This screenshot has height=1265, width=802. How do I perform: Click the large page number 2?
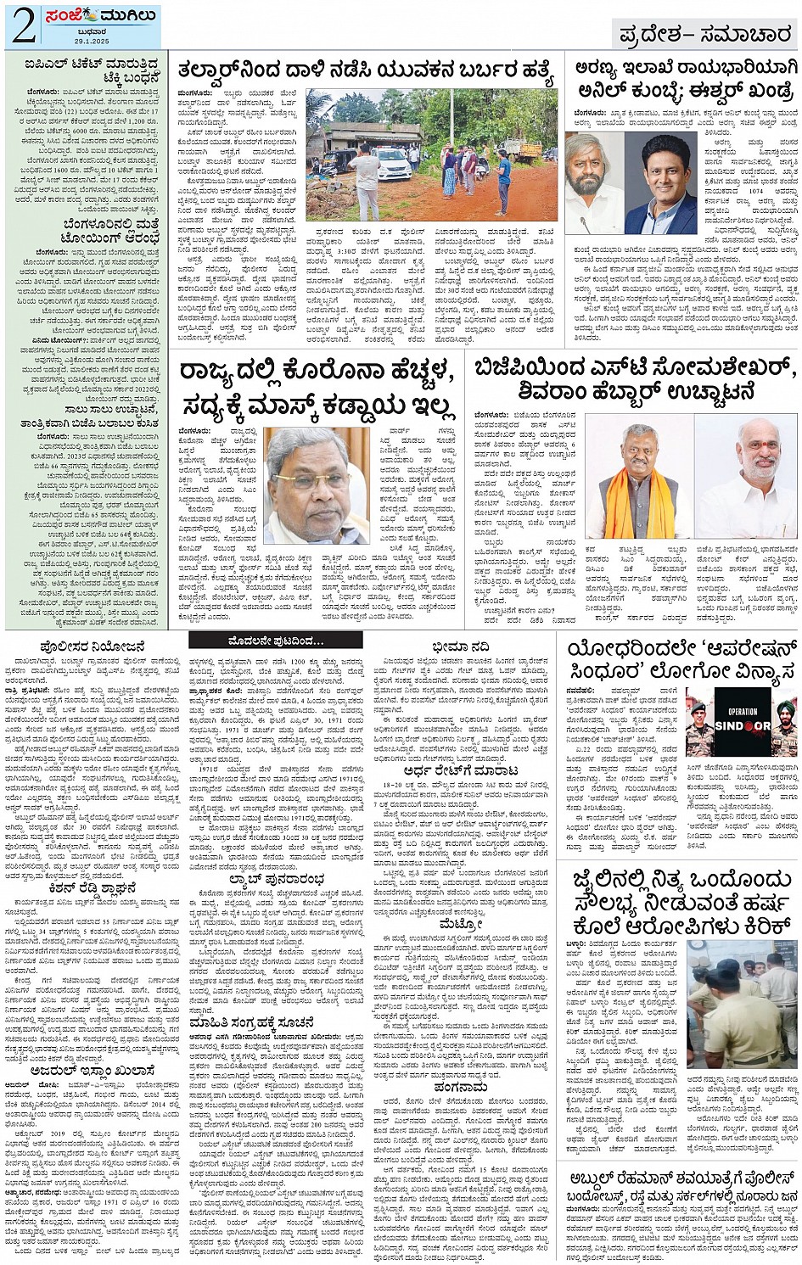(24, 25)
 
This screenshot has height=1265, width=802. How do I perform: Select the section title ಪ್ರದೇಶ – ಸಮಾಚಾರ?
(704, 34)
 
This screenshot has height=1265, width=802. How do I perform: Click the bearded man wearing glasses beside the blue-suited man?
(595, 185)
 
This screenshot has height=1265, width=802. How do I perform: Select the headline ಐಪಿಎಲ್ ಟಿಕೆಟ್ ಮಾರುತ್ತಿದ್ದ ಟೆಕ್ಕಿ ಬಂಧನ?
(85, 70)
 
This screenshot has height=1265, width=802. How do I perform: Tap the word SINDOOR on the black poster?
(743, 726)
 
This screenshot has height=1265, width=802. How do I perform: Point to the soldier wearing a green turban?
(783, 721)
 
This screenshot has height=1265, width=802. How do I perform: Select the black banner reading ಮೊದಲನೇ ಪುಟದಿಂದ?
(275, 641)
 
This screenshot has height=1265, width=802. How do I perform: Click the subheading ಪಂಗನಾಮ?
(461, 1087)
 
